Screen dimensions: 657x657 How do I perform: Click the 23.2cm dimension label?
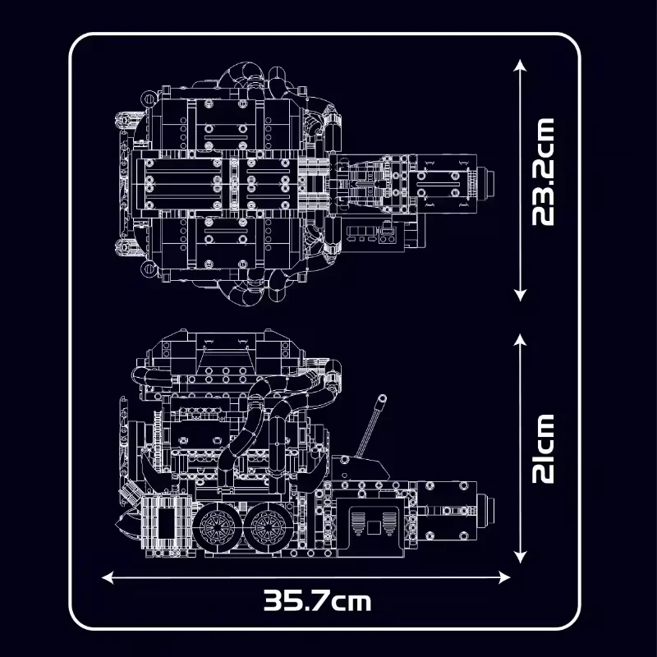click(544, 171)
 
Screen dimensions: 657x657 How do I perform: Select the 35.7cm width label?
click(317, 600)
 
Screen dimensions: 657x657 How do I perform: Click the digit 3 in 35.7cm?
click(273, 600)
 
